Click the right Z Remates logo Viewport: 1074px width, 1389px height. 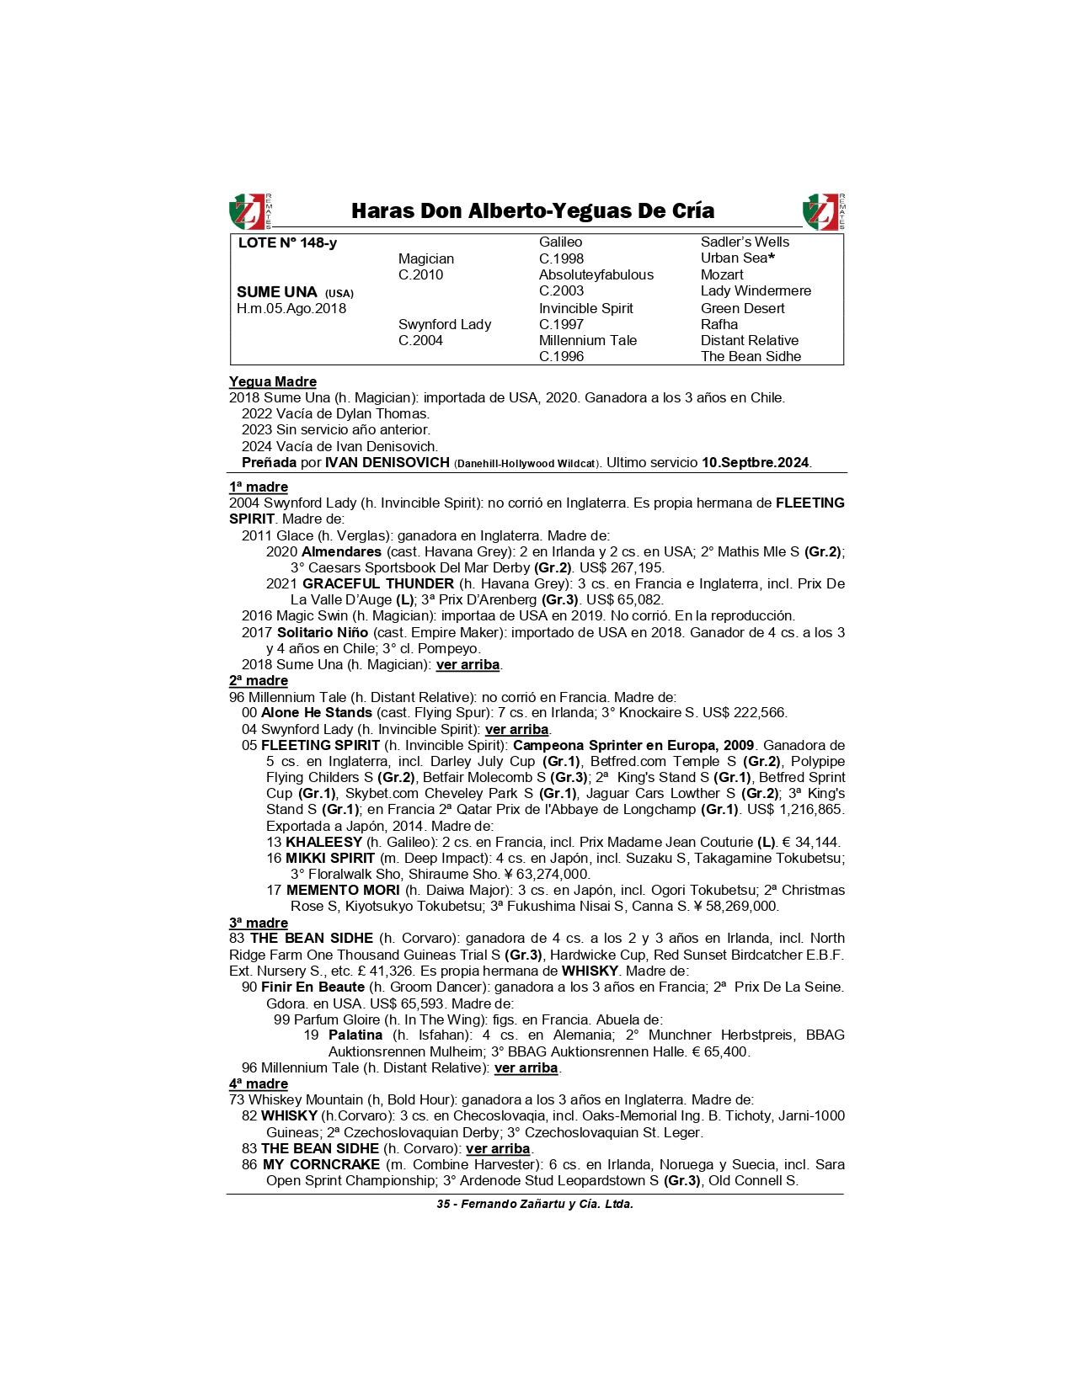coord(824,211)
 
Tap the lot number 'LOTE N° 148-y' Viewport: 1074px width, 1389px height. coord(287,243)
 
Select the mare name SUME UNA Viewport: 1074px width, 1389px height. coord(277,292)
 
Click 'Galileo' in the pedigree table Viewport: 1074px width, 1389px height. coord(560,242)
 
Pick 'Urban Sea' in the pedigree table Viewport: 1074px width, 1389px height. coord(735,258)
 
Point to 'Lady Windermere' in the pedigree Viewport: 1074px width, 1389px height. coord(756,291)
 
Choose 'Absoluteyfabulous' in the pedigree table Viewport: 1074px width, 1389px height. coord(596,275)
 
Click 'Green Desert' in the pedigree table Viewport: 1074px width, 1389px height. coord(742,308)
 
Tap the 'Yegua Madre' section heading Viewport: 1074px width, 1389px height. coord(273,382)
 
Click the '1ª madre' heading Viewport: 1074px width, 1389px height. coord(259,487)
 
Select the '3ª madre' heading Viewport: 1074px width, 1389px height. coord(259,923)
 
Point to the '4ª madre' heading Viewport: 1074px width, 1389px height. coord(259,1084)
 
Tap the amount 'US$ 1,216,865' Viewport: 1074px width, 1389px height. coord(795,810)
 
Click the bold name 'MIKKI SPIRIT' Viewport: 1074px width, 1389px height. coord(330,859)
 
